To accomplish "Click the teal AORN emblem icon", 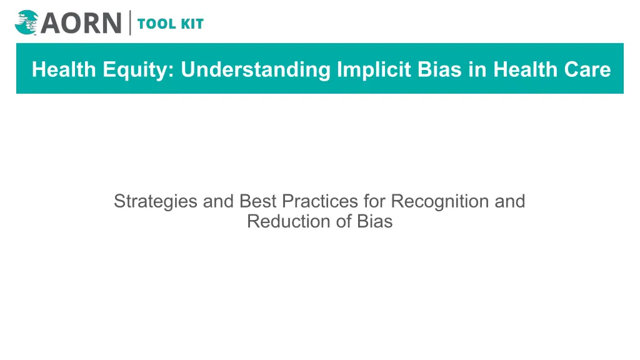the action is [x=26, y=22].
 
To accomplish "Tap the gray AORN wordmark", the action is [x=81, y=23].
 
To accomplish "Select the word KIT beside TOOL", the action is [x=192, y=24].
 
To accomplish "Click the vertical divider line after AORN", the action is [x=130, y=23].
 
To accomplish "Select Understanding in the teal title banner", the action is [x=256, y=69].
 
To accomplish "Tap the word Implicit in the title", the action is [x=374, y=70].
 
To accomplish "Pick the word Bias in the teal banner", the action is [x=439, y=69].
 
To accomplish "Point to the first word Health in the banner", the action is [x=64, y=69].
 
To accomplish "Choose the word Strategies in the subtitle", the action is [x=156, y=202].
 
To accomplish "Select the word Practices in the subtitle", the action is [x=320, y=201].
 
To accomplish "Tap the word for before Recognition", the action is [x=375, y=201].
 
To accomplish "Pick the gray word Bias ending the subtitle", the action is [x=375, y=221].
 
